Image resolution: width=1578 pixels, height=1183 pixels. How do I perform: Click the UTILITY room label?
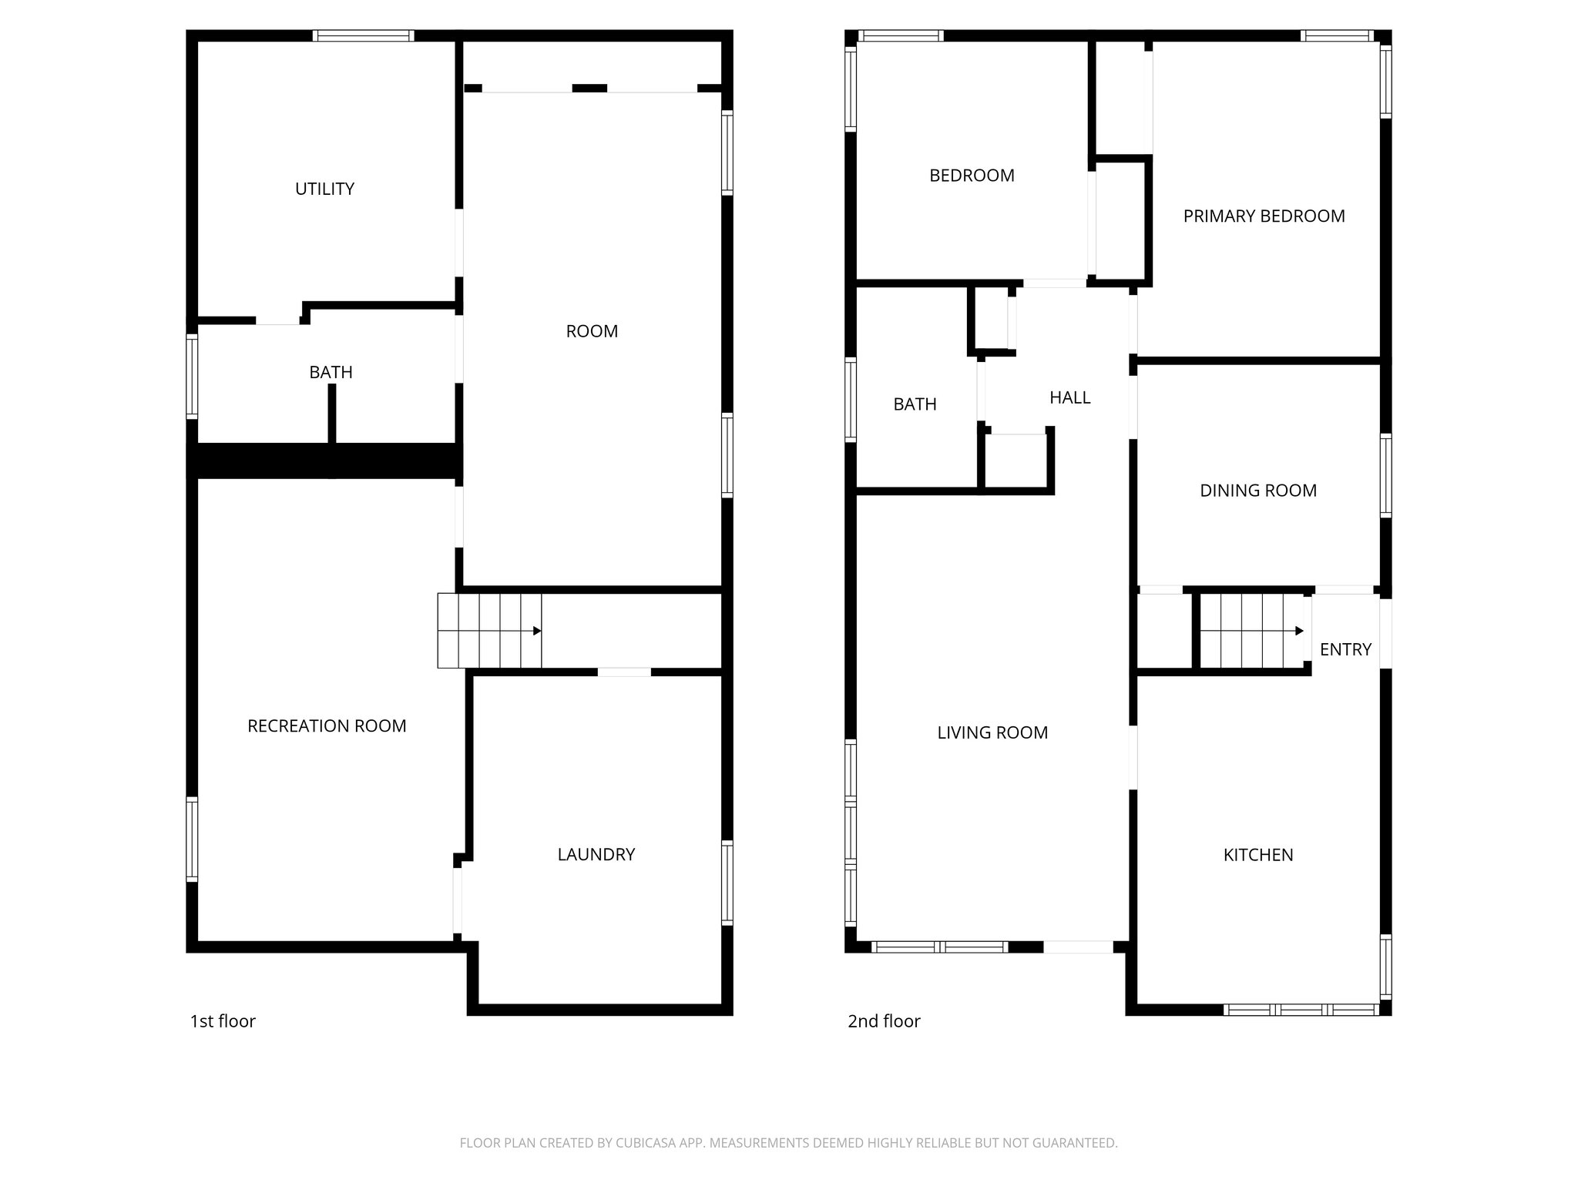click(x=324, y=189)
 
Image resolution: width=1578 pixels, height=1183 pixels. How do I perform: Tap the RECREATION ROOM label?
click(x=327, y=726)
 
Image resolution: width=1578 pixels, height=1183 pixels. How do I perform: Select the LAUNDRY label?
click(x=596, y=854)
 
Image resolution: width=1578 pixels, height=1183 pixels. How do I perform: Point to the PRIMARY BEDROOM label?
click(x=1264, y=216)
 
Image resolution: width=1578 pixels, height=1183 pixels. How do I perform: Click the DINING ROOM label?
click(x=1257, y=491)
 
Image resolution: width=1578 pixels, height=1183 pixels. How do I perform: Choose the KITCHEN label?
click(x=1257, y=855)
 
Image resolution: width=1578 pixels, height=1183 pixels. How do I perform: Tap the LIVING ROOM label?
click(x=992, y=732)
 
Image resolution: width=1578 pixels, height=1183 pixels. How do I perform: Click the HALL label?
click(x=1069, y=397)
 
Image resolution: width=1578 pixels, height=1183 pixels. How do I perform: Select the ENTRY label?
click(x=1345, y=649)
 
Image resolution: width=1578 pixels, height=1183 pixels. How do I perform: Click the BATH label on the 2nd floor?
click(x=915, y=404)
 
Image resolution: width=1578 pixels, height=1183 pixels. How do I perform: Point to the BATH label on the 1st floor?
click(x=331, y=372)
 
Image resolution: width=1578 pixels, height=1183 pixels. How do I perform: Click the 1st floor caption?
click(x=223, y=1021)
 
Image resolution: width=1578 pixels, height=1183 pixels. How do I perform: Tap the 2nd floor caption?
click(x=884, y=1021)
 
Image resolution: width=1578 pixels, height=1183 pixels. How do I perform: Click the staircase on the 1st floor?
click(x=489, y=631)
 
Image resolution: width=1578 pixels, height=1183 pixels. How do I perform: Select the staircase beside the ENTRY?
click(x=1252, y=631)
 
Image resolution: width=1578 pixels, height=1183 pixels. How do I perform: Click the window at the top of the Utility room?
click(x=363, y=35)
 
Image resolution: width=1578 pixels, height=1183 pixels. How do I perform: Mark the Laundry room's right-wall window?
click(x=727, y=883)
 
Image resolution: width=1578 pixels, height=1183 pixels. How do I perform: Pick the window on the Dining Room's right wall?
click(x=1385, y=475)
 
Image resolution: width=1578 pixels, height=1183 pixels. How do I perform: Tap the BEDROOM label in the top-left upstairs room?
click(x=972, y=176)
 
